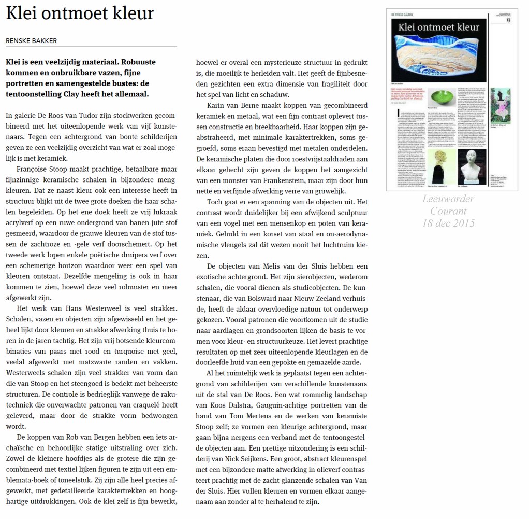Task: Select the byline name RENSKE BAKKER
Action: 31,41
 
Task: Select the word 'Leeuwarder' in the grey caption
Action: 448,199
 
